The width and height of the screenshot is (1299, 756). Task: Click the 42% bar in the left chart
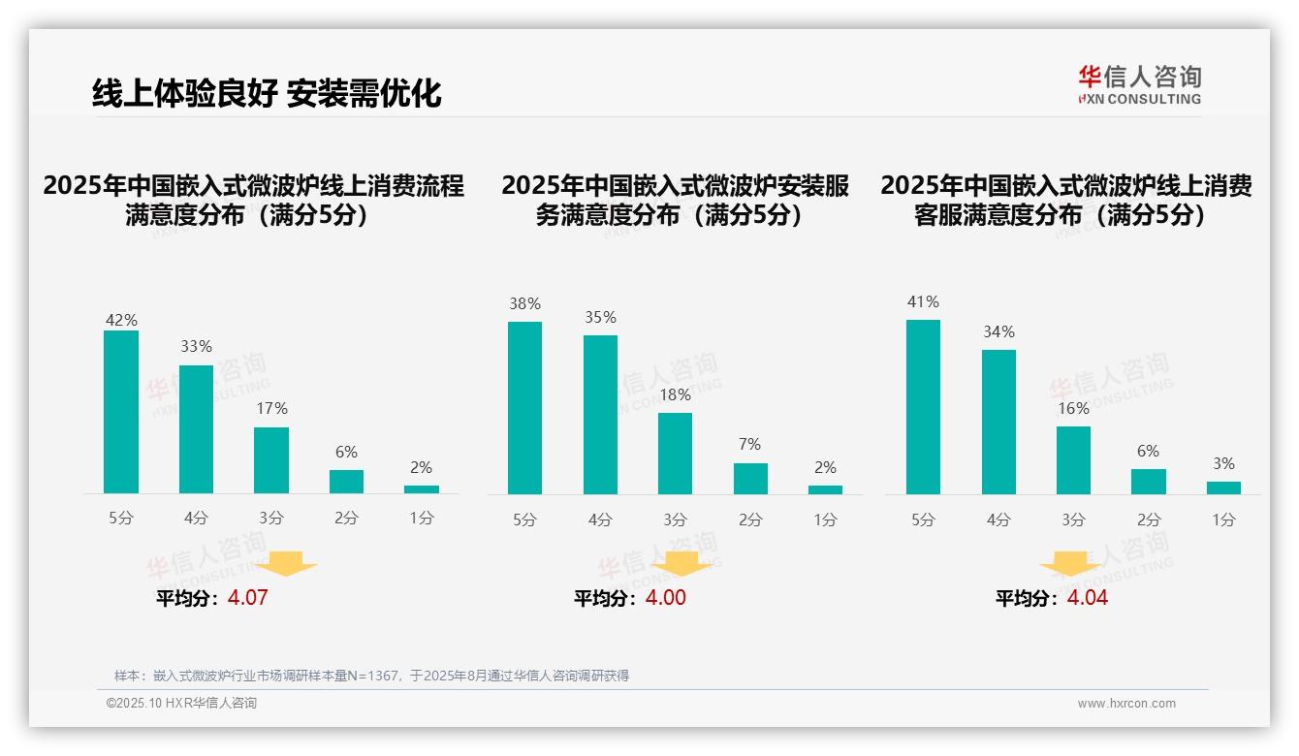click(121, 412)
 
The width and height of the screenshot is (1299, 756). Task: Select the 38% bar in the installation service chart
click(524, 408)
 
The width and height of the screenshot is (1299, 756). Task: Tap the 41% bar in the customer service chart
click(923, 407)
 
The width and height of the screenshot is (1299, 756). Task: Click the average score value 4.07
click(247, 597)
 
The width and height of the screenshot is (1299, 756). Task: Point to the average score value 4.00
click(665, 597)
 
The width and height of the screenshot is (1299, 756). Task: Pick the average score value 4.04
click(1087, 597)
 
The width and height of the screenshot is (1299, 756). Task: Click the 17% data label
click(271, 409)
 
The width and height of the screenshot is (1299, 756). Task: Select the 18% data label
click(675, 394)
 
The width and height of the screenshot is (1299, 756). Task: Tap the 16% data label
click(1073, 408)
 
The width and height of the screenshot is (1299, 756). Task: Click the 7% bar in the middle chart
click(750, 479)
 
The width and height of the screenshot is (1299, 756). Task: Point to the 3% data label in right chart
click(1223, 463)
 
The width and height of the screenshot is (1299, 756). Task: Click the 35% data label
click(600, 317)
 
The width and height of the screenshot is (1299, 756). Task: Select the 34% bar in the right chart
click(998, 422)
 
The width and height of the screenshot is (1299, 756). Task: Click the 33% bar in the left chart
click(196, 429)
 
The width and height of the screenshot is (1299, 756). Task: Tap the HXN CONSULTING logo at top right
click(1139, 84)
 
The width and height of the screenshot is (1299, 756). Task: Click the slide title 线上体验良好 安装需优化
click(267, 92)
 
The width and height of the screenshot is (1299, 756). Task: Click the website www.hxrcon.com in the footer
click(1125, 704)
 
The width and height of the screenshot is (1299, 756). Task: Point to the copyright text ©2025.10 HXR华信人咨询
click(181, 703)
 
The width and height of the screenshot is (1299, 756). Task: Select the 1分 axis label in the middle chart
click(825, 520)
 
